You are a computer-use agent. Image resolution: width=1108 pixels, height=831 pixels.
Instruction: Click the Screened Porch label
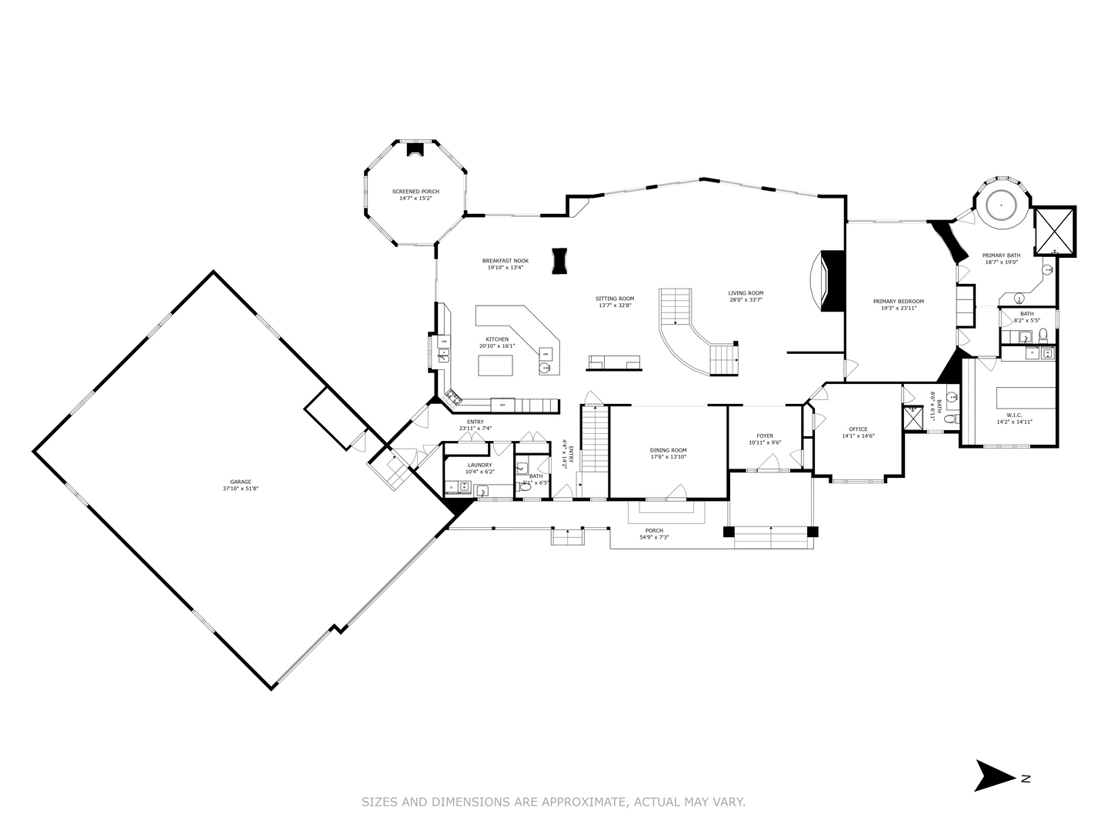pyautogui.click(x=415, y=191)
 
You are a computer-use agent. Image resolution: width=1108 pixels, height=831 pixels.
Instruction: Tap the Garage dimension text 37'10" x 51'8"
pyautogui.click(x=241, y=489)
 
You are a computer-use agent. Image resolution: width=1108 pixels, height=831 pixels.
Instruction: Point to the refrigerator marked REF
pyautogui.click(x=502, y=404)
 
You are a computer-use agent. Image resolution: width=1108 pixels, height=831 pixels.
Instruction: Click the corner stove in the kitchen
pyautogui.click(x=453, y=398)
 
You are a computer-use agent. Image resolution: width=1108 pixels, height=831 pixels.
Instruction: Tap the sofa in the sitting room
pyautogui.click(x=614, y=362)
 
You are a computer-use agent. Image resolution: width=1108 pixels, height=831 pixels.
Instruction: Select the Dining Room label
pyautogui.click(x=668, y=450)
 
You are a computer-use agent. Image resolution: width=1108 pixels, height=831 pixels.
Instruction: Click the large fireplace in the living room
pyautogui.click(x=831, y=281)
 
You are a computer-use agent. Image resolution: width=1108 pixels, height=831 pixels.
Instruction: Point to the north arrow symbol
pyautogui.click(x=996, y=776)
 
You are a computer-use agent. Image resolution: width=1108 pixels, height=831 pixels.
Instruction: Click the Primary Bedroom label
pyautogui.click(x=898, y=301)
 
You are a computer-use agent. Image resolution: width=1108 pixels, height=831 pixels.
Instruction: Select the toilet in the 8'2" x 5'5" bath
pyautogui.click(x=1043, y=335)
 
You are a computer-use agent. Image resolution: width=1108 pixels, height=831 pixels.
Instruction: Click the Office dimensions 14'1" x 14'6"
pyautogui.click(x=858, y=436)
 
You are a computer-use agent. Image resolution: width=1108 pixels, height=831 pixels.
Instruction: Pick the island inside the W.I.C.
pyautogui.click(x=1025, y=398)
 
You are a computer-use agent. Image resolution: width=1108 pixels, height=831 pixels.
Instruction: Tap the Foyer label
pyautogui.click(x=764, y=436)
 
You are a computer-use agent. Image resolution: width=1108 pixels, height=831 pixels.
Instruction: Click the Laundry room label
pyautogui.click(x=479, y=465)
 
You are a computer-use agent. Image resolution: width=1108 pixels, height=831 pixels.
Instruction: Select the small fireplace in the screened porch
pyautogui.click(x=415, y=150)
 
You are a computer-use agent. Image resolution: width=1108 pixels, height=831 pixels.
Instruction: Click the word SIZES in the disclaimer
pyautogui.click(x=380, y=802)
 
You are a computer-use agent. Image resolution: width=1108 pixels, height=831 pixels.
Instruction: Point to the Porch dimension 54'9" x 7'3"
pyautogui.click(x=654, y=537)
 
